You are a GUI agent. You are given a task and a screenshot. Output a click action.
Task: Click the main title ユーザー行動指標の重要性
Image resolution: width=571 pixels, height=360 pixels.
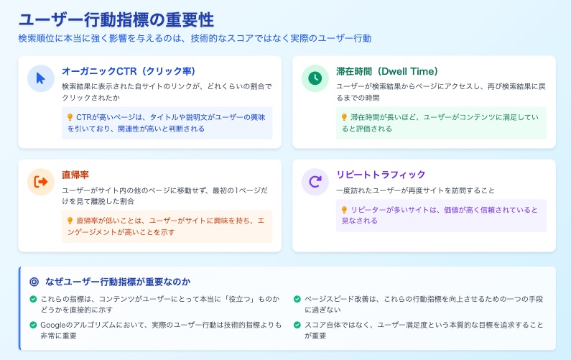point(116,20)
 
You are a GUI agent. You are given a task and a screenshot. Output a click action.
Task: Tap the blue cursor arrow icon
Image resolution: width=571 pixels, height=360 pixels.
point(40,78)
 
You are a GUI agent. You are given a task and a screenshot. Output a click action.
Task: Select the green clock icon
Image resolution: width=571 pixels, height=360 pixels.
point(315,78)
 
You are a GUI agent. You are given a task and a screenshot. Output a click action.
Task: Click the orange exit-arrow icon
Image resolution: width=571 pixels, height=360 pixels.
point(41,182)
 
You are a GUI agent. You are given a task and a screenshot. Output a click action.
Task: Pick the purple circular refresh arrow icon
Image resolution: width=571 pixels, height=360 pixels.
point(315,182)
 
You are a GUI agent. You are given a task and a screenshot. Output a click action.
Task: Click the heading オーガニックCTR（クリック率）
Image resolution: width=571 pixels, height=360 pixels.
point(129,71)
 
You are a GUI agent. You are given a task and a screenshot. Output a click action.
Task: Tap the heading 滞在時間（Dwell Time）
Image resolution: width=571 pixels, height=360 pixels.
point(387,71)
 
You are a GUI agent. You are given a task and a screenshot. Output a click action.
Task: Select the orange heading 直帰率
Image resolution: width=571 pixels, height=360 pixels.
point(75,175)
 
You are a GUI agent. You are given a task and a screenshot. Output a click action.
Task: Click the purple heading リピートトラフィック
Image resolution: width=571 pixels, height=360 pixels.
point(381,175)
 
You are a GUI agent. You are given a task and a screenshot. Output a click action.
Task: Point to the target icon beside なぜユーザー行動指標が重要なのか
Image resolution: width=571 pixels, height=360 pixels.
point(34,282)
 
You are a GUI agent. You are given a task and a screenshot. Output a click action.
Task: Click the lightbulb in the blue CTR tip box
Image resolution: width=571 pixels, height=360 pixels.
point(70,117)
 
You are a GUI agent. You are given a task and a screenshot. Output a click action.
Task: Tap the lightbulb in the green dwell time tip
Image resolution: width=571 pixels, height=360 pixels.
point(344,117)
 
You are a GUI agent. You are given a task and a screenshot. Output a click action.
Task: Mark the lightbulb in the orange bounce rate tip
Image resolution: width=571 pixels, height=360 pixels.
point(70,221)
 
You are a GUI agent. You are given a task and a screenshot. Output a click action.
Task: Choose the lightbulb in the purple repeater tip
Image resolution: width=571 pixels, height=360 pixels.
point(344,210)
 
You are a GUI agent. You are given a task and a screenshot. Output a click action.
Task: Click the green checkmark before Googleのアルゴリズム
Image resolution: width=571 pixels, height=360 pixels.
point(33,325)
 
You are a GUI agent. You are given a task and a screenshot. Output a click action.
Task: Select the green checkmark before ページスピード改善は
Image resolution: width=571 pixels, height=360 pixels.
point(297,299)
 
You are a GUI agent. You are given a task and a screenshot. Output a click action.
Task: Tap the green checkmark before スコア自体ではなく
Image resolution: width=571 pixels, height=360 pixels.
point(297,325)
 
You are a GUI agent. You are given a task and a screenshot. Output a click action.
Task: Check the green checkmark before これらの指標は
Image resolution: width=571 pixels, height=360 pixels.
point(33,299)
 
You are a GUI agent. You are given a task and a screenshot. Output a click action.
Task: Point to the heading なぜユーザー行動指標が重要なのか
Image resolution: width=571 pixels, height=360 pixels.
point(118,282)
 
